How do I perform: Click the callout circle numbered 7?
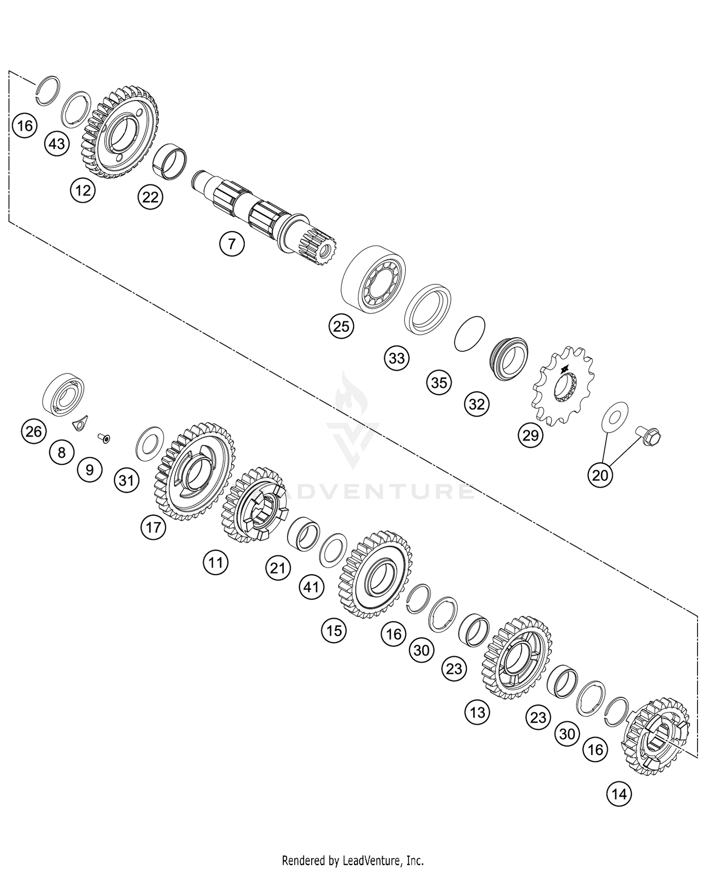click(231, 244)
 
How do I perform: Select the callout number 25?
click(341, 326)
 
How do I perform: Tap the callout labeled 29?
click(530, 435)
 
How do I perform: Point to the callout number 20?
click(600, 475)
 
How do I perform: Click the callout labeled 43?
click(56, 143)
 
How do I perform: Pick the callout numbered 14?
click(619, 794)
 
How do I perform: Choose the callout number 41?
click(312, 587)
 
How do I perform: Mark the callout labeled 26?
click(33, 431)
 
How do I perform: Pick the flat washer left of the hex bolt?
click(615, 416)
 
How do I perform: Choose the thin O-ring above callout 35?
click(470, 333)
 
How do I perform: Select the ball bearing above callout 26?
click(64, 395)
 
